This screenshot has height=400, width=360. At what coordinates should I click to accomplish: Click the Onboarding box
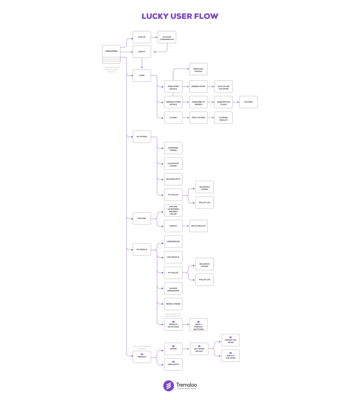click(x=111, y=51)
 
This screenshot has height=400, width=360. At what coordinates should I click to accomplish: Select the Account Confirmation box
click(x=167, y=37)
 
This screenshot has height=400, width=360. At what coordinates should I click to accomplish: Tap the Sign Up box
click(x=142, y=37)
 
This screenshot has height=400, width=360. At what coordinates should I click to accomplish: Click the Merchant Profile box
click(x=198, y=69)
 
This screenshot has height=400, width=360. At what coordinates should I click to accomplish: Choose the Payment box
click(x=248, y=102)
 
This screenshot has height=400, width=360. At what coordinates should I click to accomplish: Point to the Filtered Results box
click(x=223, y=118)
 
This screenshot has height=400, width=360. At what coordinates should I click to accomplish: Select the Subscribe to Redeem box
click(x=198, y=102)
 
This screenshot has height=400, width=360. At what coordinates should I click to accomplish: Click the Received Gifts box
click(x=173, y=179)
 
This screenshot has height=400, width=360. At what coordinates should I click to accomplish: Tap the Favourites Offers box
click(x=173, y=164)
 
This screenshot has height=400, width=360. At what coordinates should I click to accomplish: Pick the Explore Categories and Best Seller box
click(x=173, y=210)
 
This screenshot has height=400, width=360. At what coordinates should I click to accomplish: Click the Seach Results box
click(x=198, y=226)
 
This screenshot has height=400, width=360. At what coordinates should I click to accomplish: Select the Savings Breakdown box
click(x=173, y=288)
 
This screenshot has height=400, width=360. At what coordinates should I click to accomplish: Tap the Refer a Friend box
click(x=173, y=304)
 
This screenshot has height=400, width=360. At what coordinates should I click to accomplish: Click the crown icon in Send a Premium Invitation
click(x=198, y=321)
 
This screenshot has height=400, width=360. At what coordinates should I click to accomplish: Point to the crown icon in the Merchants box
click(x=173, y=361)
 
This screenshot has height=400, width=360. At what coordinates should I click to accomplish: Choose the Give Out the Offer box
click(x=230, y=356)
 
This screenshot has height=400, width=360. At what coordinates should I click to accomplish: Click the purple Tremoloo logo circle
click(x=169, y=386)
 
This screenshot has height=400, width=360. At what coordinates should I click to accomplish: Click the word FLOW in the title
click(x=206, y=16)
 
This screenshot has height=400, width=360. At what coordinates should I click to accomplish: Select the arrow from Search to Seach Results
click(x=186, y=226)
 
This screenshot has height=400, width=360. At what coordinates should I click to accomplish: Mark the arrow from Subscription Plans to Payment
click(x=236, y=102)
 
